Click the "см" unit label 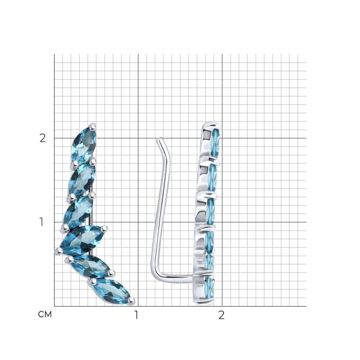point(45,314)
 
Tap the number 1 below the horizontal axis point(136,315)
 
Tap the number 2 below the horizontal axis point(221,315)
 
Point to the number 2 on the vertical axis point(43,138)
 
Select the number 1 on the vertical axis point(41,222)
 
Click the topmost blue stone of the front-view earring point(84,143)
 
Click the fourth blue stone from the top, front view point(81,240)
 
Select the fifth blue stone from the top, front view point(89,266)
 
